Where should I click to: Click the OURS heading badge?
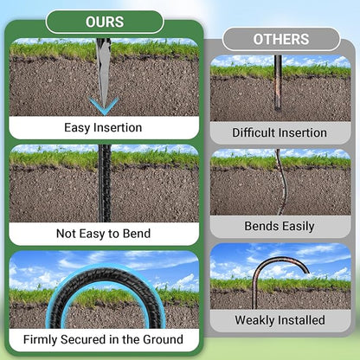pyautogui.click(x=105, y=22)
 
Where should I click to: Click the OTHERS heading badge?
pyautogui.click(x=281, y=39)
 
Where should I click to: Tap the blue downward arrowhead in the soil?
pyautogui.click(x=104, y=106)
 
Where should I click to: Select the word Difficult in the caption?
pyautogui.click(x=254, y=132)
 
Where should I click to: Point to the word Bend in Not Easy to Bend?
pyautogui.click(x=137, y=234)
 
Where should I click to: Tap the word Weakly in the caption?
pyautogui.click(x=251, y=320)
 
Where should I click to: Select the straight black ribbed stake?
pyautogui.click(x=105, y=183)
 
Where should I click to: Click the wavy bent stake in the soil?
pyautogui.click(x=283, y=182)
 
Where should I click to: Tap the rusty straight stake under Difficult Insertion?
pyautogui.click(x=278, y=83)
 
